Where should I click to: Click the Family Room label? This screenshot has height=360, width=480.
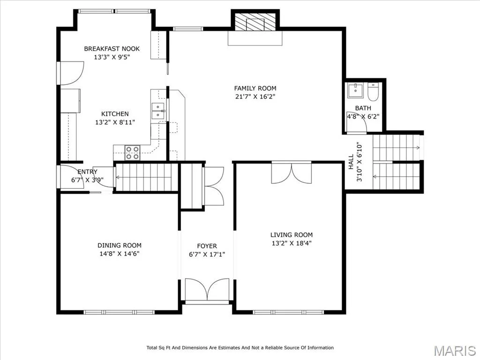pyautogui.click(x=255, y=89)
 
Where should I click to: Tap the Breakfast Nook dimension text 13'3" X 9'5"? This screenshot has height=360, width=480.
pyautogui.click(x=112, y=57)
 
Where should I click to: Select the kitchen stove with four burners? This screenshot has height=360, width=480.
pyautogui.click(x=132, y=152)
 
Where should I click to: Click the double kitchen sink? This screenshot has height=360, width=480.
pyautogui.click(x=158, y=111)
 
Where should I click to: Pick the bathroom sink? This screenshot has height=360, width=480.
pyautogui.click(x=355, y=90)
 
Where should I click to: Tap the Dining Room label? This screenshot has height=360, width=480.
pyautogui.click(x=120, y=245)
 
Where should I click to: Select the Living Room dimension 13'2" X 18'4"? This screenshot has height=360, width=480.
pyautogui.click(x=292, y=243)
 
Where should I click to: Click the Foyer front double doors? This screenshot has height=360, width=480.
pyautogui.click(x=207, y=290)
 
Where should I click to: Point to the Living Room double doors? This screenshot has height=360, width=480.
pyautogui.click(x=292, y=172)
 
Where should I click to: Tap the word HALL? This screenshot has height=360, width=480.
pyautogui.click(x=351, y=162)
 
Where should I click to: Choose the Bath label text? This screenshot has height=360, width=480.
pyautogui.click(x=363, y=108)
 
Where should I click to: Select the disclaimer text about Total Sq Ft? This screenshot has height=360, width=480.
pyautogui.click(x=240, y=348)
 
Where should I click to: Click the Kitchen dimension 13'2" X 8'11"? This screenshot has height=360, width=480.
pyautogui.click(x=115, y=122)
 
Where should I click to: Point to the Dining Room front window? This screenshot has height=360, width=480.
pyautogui.click(x=119, y=312)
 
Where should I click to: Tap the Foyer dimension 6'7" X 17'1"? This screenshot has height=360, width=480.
pyautogui.click(x=207, y=255)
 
